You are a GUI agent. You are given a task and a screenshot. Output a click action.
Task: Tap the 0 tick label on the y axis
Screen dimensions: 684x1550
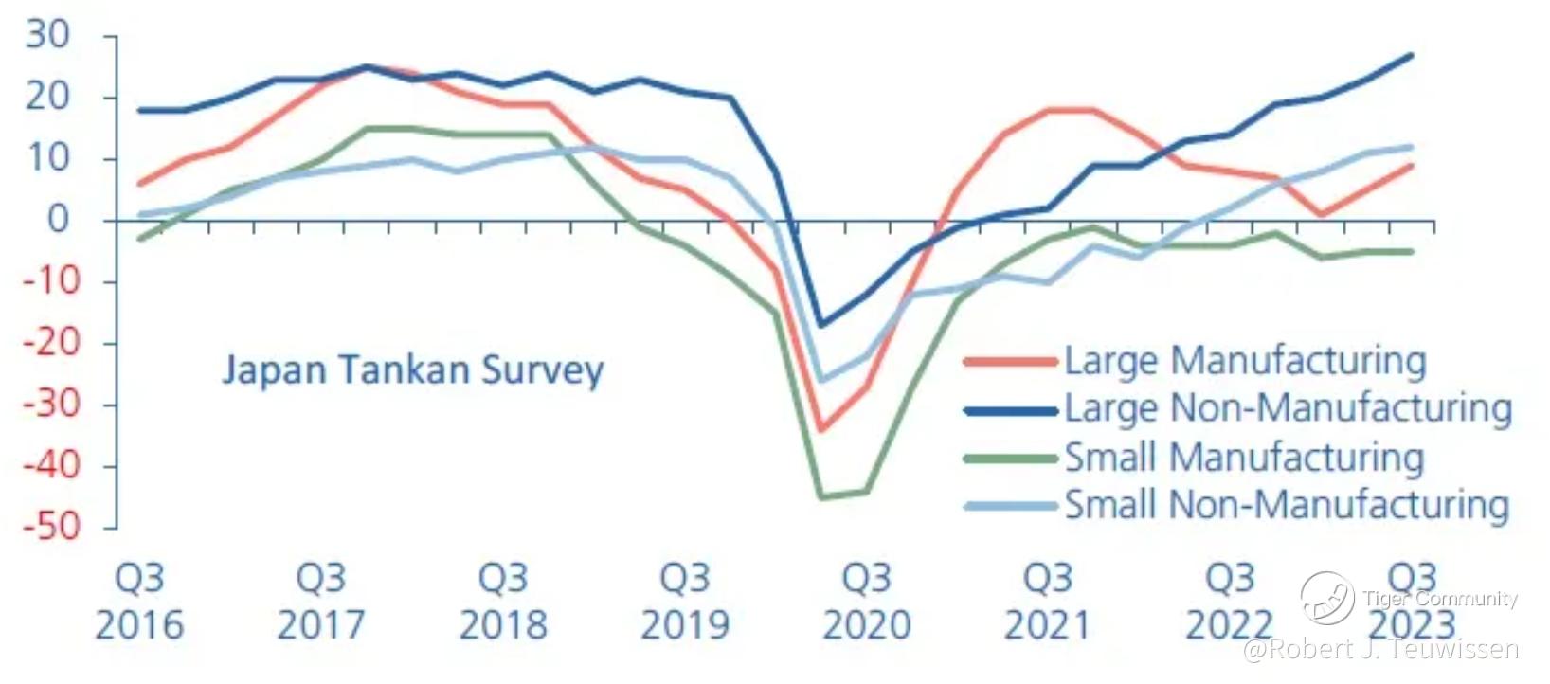tap(59, 220)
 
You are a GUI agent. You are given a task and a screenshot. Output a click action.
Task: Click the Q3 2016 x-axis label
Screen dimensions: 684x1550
tap(139, 602)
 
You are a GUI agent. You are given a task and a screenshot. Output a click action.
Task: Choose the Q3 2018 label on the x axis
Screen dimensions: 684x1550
tap(503, 602)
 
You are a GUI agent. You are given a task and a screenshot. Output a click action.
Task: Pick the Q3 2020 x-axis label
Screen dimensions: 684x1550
tap(867, 602)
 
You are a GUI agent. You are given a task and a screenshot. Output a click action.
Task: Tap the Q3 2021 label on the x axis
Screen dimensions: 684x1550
tap(1048, 602)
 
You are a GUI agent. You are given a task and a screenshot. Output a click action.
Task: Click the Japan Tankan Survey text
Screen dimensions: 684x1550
tap(412, 369)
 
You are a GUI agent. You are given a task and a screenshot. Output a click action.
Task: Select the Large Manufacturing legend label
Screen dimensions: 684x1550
tap(1245, 361)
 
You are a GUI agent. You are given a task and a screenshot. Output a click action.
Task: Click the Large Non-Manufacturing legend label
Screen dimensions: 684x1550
tap(1288, 408)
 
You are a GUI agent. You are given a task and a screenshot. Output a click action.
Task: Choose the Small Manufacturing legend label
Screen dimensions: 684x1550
tap(1244, 458)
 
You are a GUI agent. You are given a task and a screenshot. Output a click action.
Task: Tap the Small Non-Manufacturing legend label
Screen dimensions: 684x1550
tap(1287, 505)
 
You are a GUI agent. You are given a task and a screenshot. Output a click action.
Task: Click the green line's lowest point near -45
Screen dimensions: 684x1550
tap(820, 496)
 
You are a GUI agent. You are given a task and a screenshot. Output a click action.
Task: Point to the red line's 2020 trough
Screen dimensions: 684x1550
tap(820, 429)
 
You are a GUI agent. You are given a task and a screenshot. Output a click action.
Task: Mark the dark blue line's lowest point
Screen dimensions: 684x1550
tap(820, 325)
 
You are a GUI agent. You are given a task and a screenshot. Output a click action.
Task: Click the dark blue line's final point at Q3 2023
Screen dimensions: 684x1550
tap(1412, 55)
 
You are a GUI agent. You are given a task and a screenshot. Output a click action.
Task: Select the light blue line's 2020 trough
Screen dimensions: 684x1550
tap(820, 380)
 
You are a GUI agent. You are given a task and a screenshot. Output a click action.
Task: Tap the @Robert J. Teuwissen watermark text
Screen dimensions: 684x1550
tap(1380, 650)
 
